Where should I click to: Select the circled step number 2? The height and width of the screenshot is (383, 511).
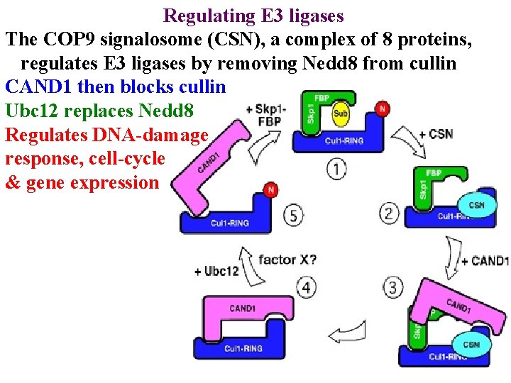(390, 212)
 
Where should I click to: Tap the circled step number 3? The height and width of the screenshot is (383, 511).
(392, 287)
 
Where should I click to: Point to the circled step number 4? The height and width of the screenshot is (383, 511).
(306, 287)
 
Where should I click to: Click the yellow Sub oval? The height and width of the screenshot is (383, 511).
(340, 113)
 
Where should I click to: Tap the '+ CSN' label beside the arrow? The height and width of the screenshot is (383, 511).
(435, 133)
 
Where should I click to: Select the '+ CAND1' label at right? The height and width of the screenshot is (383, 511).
(485, 261)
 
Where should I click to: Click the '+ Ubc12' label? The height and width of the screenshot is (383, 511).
(216, 271)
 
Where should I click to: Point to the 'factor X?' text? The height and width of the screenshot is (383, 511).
(287, 259)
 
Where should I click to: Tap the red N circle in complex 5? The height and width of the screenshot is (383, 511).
(270, 190)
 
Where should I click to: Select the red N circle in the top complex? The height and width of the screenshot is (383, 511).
(383, 109)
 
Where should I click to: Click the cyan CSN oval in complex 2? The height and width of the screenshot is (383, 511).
(477, 205)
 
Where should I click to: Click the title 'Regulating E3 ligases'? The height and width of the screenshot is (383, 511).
(253, 15)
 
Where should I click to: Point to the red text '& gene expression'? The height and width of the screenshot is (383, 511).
(82, 182)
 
